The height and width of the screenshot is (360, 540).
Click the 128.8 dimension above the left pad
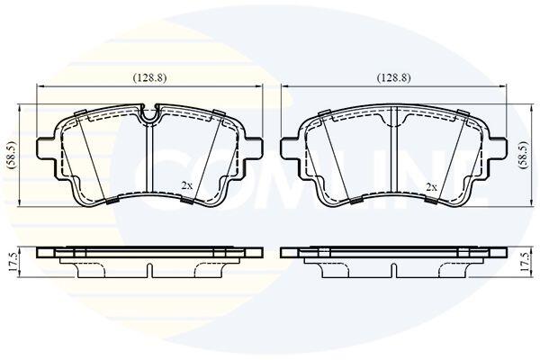tap(149, 78)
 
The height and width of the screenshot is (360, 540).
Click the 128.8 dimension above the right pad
tap(394, 78)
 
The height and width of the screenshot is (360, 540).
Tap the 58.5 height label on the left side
tap(13, 155)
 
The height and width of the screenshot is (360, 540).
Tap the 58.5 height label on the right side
tap(524, 155)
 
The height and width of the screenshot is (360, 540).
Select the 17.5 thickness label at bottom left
tap(13, 262)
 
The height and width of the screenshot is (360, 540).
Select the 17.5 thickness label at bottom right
tap(524, 262)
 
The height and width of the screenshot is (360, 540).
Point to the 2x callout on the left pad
tap(186, 186)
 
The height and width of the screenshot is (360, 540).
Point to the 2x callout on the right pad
tap(431, 187)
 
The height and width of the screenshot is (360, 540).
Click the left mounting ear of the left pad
tap(46, 148)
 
